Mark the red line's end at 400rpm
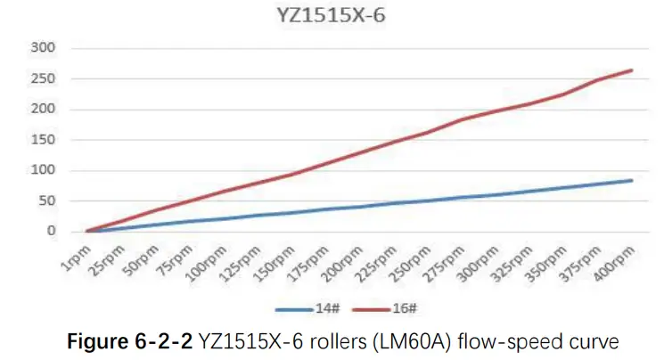[632, 70]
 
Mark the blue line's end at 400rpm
[632, 180]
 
